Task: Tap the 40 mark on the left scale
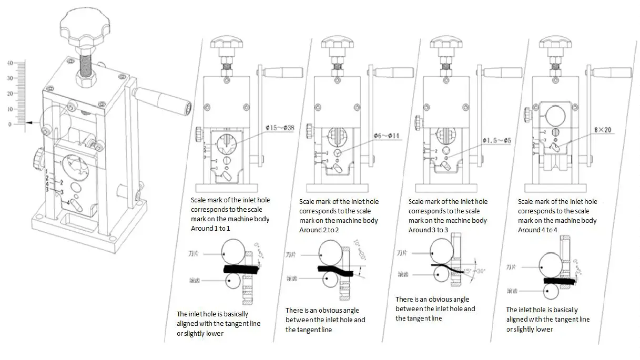pos(9,63)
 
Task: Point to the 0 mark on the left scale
pos(9,124)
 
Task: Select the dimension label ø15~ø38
pos(280,128)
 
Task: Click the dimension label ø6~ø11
pos(387,136)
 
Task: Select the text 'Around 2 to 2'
pos(319,230)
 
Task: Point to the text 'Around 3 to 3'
pos(429,230)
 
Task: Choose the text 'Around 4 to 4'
pos(538,230)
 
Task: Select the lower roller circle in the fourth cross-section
pos(551,290)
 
